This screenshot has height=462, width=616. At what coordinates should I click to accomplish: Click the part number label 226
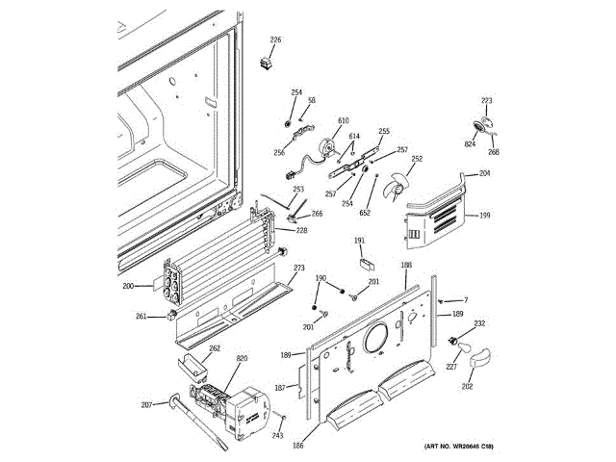point(275,39)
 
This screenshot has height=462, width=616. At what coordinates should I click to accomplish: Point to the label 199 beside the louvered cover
point(484,216)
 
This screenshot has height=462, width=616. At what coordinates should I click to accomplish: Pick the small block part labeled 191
point(366,257)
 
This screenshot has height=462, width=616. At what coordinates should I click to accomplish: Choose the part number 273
point(299,268)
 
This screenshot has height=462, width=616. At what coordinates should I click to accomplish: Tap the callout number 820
point(242,358)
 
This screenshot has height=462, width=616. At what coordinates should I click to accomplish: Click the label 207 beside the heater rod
point(146,403)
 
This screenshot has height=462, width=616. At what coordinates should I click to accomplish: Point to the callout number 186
point(298,446)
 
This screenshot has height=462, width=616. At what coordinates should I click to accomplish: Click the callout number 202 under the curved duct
point(467,387)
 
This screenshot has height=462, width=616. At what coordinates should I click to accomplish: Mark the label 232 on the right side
point(479,323)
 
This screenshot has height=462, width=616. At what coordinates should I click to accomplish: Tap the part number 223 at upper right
point(486,101)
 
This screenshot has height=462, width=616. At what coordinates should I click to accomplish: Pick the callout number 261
point(141,317)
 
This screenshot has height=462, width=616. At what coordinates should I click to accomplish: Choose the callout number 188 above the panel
point(406,265)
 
